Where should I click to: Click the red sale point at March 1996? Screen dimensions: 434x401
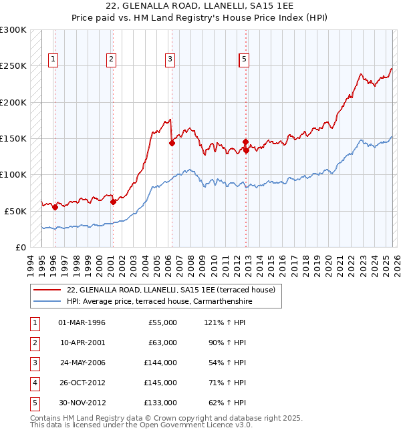click(55, 207)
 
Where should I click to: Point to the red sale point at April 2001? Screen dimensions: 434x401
click(113, 202)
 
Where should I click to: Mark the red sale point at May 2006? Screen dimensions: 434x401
click(172, 143)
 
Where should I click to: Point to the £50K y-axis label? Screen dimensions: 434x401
click(15, 211)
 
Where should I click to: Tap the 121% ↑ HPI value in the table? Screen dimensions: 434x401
click(223, 322)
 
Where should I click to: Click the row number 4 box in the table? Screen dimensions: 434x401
click(33, 383)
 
